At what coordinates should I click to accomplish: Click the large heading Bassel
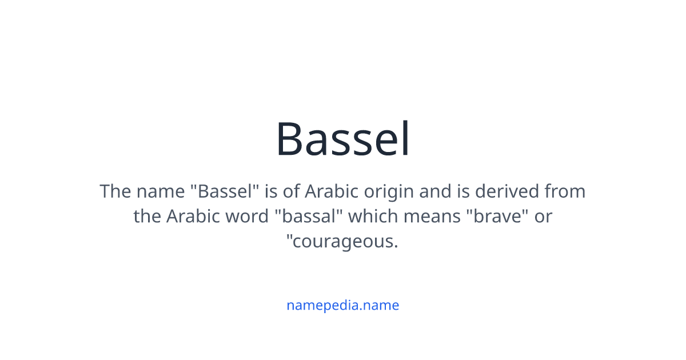(343, 139)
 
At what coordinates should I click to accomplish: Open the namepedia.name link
(342, 305)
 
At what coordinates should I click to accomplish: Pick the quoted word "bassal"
(309, 217)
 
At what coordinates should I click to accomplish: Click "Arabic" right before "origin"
(330, 191)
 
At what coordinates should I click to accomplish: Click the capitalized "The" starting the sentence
(115, 191)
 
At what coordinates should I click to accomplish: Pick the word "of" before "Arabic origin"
(291, 191)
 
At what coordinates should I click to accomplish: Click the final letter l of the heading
(405, 139)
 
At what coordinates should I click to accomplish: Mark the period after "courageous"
(396, 247)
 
